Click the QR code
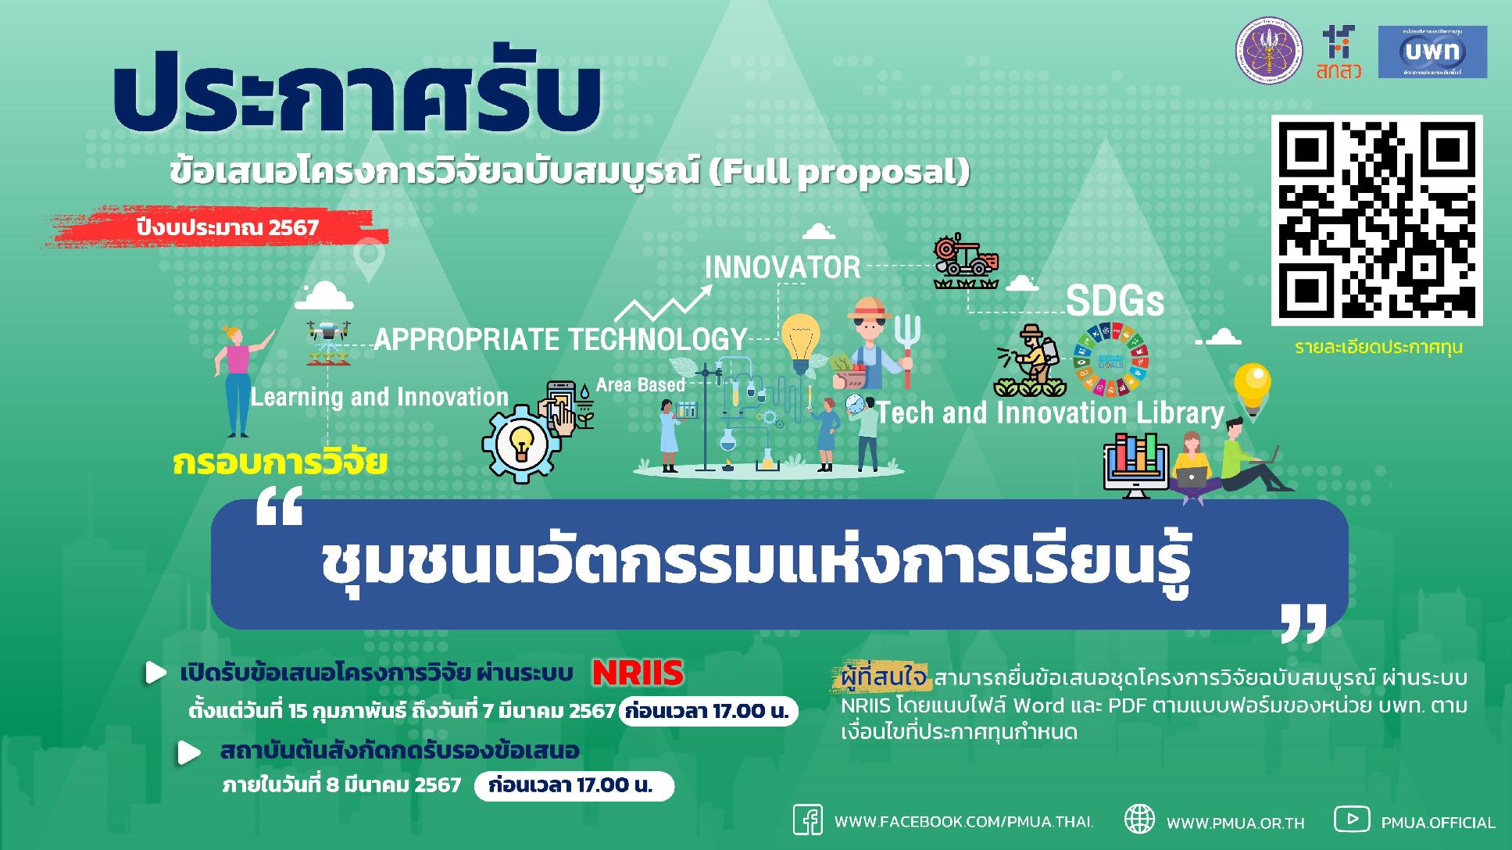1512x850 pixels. pyautogui.click(x=1376, y=220)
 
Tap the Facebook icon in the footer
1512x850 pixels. pyautogui.click(x=808, y=820)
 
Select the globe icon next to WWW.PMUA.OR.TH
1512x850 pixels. pyautogui.click(x=1138, y=820)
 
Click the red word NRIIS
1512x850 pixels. pyautogui.click(x=638, y=673)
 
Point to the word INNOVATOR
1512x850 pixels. pyautogui.click(x=782, y=268)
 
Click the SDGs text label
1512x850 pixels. pyautogui.click(x=1115, y=302)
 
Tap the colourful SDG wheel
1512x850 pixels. pyautogui.click(x=1111, y=359)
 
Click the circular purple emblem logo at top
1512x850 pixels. pyautogui.click(x=1268, y=52)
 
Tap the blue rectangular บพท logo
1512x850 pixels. pyautogui.click(x=1432, y=52)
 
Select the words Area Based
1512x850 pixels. pyautogui.click(x=640, y=385)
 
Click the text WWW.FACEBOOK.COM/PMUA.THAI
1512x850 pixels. pyautogui.click(x=963, y=822)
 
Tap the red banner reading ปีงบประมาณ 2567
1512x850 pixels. pyautogui.click(x=227, y=227)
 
